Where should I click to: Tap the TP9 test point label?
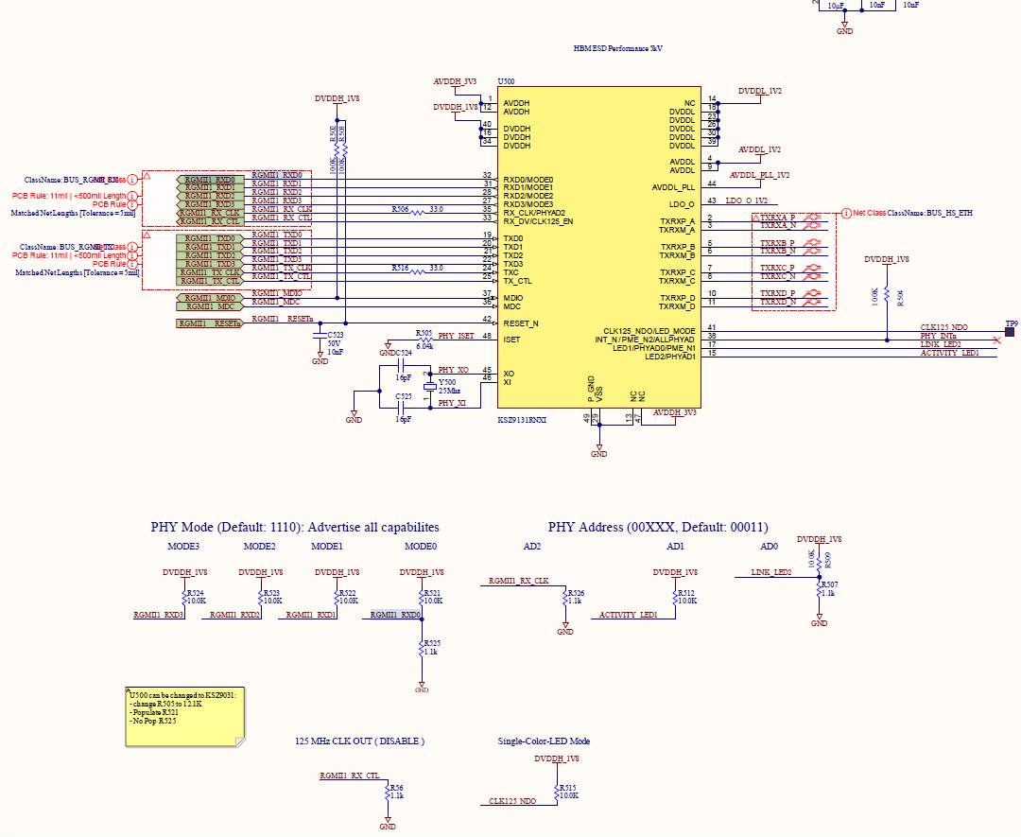tap(1012, 323)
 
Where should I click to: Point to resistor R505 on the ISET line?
tap(424, 340)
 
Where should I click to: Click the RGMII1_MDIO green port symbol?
tap(209, 298)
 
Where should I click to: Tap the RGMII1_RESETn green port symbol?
tap(209, 323)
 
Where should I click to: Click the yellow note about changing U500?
tap(182, 718)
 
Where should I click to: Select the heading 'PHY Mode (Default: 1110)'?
tap(295, 527)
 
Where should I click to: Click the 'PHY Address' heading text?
tap(658, 527)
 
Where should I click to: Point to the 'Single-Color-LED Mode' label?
tap(544, 741)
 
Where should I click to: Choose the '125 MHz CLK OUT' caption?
tap(360, 741)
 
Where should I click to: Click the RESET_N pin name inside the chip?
tap(521, 323)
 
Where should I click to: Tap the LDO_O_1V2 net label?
tap(747, 201)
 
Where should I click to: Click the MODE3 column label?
tap(183, 547)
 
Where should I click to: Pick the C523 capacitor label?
tap(335, 335)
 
